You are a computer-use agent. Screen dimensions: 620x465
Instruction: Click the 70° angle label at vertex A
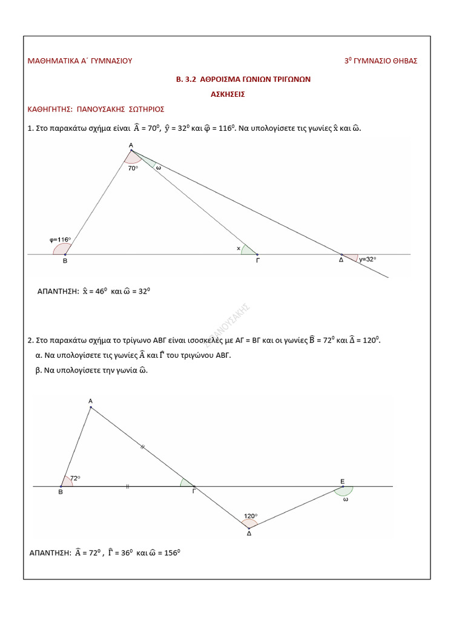pyautogui.click(x=133, y=168)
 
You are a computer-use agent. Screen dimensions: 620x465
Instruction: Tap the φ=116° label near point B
pyautogui.click(x=60, y=239)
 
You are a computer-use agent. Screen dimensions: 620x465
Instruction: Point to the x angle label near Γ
pyautogui.click(x=238, y=248)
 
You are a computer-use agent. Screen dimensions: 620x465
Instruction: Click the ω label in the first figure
pyautogui.click(x=158, y=168)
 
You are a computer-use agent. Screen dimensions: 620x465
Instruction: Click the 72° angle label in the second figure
pyautogui.click(x=75, y=478)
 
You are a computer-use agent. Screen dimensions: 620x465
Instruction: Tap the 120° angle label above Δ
pyautogui.click(x=250, y=516)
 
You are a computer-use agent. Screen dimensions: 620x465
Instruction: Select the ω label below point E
pyautogui.click(x=346, y=500)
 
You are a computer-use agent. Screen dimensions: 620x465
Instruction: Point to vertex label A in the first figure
pyautogui.click(x=131, y=145)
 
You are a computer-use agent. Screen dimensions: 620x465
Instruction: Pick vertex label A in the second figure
pyautogui.click(x=90, y=401)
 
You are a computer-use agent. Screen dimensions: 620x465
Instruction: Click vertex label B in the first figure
pyautogui.click(x=65, y=261)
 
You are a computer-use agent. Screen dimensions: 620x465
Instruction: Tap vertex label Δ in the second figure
pyautogui.click(x=249, y=533)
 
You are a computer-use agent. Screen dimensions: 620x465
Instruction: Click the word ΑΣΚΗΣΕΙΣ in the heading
pyautogui.click(x=228, y=94)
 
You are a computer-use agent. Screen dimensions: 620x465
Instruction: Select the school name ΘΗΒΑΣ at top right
pyautogui.click(x=404, y=61)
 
